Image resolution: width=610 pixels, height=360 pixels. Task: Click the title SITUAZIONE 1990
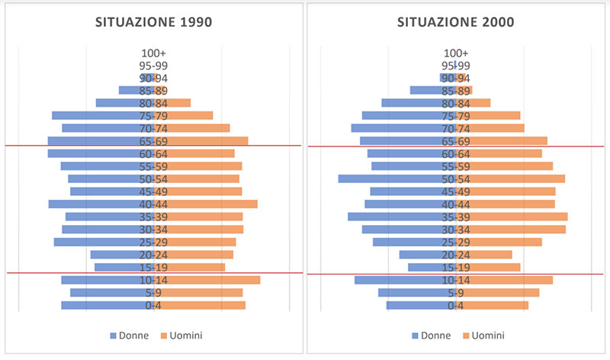coord(153,22)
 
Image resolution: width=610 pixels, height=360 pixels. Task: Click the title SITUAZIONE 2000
coord(455,22)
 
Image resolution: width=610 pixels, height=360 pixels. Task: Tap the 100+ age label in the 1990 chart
coord(154,53)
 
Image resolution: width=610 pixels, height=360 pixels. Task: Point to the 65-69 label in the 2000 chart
coord(456,141)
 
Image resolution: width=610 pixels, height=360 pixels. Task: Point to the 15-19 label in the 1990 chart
coord(154,268)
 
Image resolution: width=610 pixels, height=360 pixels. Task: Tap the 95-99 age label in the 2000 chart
coord(456,66)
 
